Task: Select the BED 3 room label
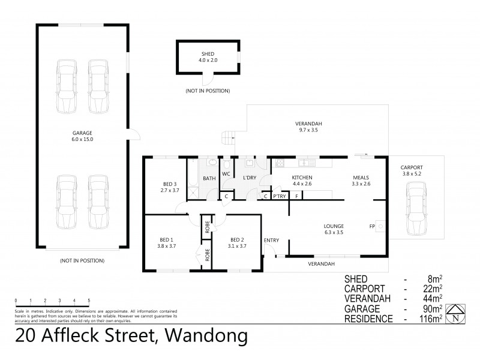coord(170,187)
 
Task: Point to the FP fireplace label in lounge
coord(373,226)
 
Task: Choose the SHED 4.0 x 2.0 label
coord(206,57)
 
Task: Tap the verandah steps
coord(229,137)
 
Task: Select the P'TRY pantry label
coord(279,196)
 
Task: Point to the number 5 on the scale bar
coord(89,300)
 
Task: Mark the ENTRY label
coord(271,241)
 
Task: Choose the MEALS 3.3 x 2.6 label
coord(361,181)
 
